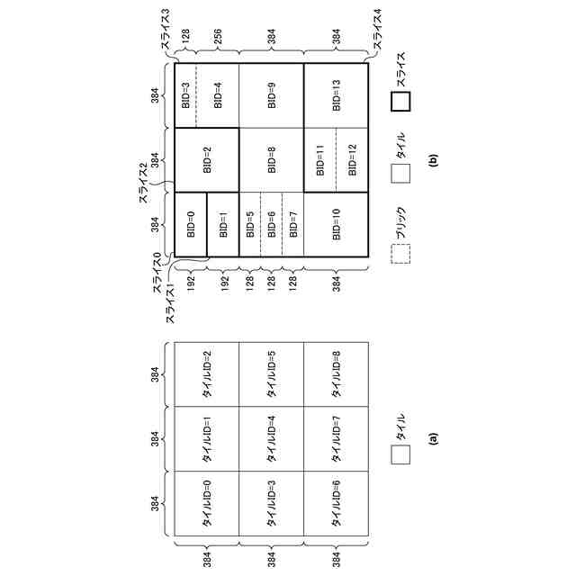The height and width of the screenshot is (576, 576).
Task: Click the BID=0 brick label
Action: click(x=190, y=224)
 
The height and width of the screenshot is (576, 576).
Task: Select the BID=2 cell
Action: click(x=207, y=160)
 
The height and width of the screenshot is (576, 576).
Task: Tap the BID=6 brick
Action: click(x=272, y=224)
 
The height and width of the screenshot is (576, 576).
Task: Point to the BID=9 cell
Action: click(x=272, y=96)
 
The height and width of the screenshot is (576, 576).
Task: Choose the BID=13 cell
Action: click(x=336, y=96)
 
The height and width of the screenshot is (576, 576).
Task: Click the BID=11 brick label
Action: click(x=319, y=160)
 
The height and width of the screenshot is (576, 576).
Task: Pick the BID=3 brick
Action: click(x=185, y=96)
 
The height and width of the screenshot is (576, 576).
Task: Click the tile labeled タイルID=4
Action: click(x=272, y=438)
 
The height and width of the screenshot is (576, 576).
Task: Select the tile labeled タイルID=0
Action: click(x=207, y=503)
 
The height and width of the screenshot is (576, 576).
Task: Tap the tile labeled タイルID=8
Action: click(x=336, y=374)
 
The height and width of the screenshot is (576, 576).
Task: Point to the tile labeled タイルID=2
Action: click(x=207, y=374)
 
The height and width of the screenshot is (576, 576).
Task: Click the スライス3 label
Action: click(x=167, y=31)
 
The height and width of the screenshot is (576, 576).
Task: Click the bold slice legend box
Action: click(x=400, y=101)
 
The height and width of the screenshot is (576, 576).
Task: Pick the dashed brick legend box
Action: click(x=400, y=255)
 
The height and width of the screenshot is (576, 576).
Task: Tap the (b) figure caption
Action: click(x=434, y=161)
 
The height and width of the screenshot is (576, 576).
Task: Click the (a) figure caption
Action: click(x=434, y=438)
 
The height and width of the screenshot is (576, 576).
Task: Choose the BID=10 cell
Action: click(x=336, y=224)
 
